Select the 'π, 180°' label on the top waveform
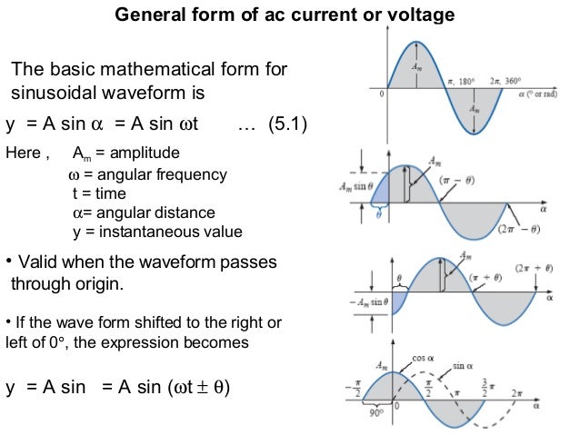[465, 81]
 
